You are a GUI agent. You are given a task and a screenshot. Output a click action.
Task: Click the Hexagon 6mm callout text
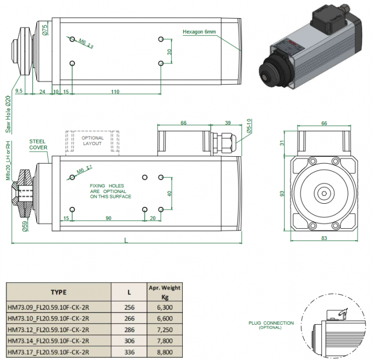pyautogui.click(x=199, y=32)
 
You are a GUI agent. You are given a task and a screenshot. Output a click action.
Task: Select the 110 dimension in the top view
pyautogui.click(x=115, y=92)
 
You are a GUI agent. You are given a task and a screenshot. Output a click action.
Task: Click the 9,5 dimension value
pyautogui.click(x=19, y=92)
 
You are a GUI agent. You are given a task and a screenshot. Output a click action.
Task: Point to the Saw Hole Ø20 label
pyautogui.click(x=8, y=115)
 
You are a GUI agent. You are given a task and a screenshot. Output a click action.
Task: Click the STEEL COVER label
pyautogui.click(x=38, y=144)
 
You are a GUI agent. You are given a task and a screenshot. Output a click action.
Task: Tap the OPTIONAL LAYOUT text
pyautogui.click(x=92, y=141)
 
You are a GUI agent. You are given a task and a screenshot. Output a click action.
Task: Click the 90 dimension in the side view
pyautogui.click(x=108, y=218)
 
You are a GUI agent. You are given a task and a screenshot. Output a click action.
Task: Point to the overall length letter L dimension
pyautogui.click(x=126, y=241)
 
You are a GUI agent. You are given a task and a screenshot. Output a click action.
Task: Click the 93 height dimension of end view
pyautogui.click(x=283, y=194)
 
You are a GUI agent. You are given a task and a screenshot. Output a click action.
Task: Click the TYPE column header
pyautogui.click(x=59, y=292)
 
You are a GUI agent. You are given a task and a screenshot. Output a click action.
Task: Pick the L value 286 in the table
pyautogui.click(x=129, y=330)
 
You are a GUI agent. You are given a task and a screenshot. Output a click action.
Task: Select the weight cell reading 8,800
pyautogui.click(x=164, y=352)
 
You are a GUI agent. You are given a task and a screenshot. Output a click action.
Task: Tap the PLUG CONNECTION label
pyautogui.click(x=271, y=323)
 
